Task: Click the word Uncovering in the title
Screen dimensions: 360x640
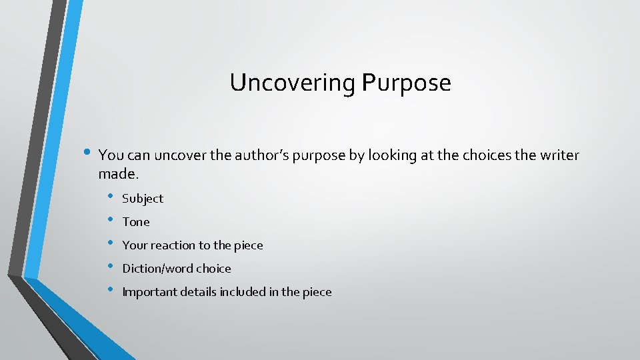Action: click(x=293, y=83)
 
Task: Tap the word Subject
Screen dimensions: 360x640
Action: click(x=143, y=199)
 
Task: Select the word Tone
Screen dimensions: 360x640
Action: click(x=136, y=222)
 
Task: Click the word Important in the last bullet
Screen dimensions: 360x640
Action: click(x=149, y=292)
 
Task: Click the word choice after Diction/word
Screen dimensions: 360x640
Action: click(x=215, y=269)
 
